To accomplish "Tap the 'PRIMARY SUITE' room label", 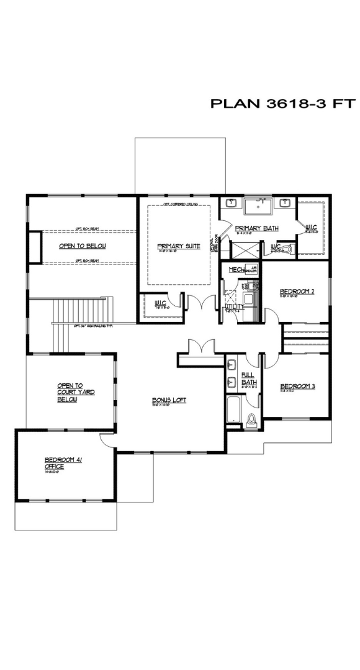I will tap(179, 246).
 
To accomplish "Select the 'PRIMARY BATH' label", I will tap(256, 228).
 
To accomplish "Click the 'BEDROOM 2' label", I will tap(297, 291).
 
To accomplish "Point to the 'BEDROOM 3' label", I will tap(297, 386).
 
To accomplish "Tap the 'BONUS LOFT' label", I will tap(169, 400).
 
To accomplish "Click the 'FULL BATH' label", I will tap(248, 378).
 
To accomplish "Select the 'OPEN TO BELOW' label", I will tap(83, 246).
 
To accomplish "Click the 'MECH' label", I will tap(235, 270).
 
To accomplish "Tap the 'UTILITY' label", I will tap(234, 306).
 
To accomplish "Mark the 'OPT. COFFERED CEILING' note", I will tap(179, 203).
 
